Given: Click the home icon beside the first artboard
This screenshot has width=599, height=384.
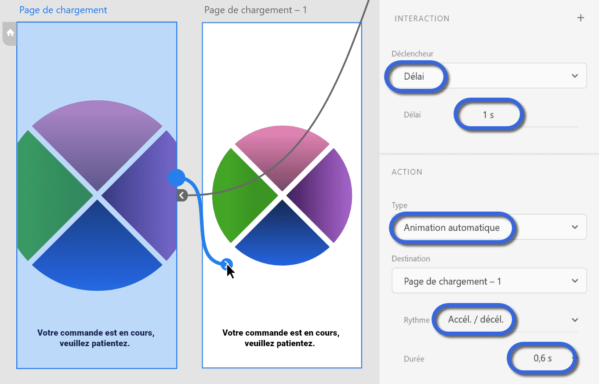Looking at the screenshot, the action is (x=10, y=33).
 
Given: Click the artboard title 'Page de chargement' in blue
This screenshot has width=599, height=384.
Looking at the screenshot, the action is (x=63, y=10).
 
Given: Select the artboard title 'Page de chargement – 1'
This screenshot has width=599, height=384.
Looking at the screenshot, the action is (x=255, y=10).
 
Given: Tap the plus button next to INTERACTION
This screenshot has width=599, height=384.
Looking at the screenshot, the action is (x=580, y=18).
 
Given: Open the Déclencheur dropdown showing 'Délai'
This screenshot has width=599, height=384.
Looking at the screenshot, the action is (x=489, y=76).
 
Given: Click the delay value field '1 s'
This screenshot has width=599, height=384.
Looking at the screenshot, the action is (x=488, y=115).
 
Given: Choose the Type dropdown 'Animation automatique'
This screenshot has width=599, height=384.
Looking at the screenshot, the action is (x=489, y=227).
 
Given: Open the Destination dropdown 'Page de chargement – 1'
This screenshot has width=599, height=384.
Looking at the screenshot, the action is (x=489, y=281).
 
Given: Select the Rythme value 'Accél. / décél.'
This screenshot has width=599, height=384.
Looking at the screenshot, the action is (x=476, y=319).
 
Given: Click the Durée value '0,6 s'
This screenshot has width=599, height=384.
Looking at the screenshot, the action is (x=542, y=358).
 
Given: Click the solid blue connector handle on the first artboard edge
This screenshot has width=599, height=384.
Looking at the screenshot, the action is (x=176, y=178).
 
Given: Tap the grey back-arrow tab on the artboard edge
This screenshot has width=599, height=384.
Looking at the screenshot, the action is (x=182, y=195).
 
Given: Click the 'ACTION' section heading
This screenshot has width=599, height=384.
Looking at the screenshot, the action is (x=407, y=172).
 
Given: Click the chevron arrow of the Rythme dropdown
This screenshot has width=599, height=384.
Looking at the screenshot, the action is (x=575, y=320).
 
